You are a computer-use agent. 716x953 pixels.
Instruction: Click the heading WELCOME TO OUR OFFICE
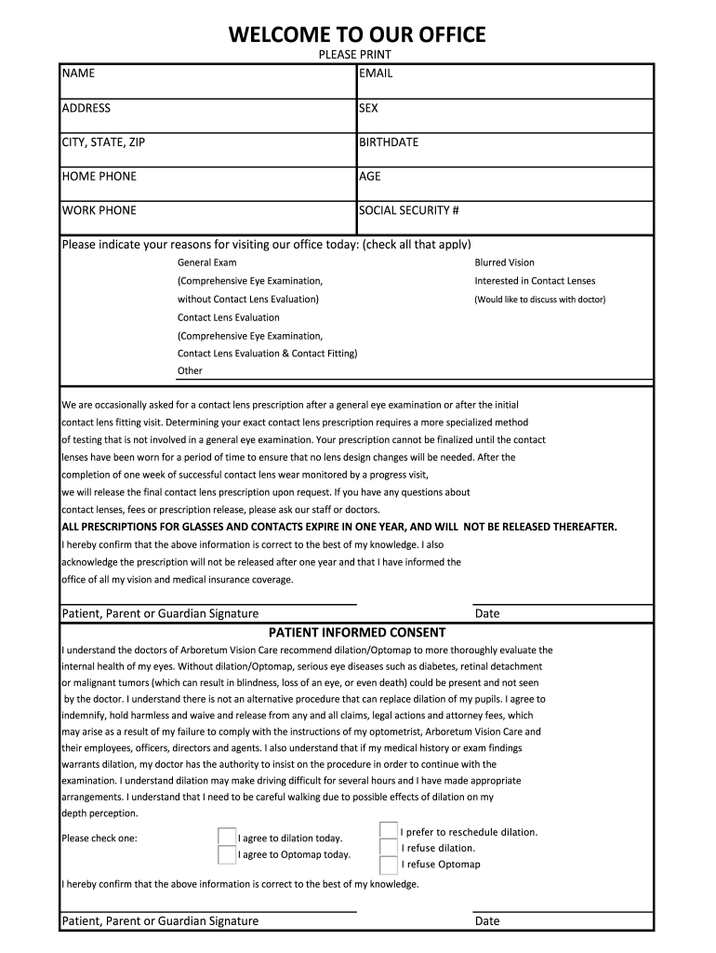pos(358,35)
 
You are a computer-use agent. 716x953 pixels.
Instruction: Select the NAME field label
pos(78,74)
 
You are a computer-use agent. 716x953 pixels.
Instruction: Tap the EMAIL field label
pos(376,74)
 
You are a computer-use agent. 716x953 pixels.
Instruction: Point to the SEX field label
pos(368,108)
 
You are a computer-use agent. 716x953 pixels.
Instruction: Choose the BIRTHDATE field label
pos(389,142)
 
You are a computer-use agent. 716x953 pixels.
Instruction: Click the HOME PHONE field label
pos(99,177)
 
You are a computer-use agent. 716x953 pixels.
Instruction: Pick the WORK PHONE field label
pos(99,210)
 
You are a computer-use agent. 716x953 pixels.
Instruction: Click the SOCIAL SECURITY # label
pos(409,210)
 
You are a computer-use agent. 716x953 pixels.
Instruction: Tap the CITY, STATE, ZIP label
pos(103,142)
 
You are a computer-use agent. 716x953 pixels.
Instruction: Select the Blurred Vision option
pos(504,262)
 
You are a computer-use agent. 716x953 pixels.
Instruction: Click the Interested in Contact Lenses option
pos(535,281)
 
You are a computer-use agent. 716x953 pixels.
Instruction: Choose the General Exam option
pos(207,262)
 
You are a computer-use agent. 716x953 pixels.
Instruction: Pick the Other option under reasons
pos(190,370)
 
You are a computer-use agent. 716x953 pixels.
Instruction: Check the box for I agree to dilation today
pos(226,837)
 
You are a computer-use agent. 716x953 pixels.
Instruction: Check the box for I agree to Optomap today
pos(226,854)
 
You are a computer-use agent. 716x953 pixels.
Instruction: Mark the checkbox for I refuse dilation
pos(389,848)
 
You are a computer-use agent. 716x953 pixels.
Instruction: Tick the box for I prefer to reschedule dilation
pos(389,831)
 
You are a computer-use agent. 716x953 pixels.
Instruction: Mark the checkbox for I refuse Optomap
pos(389,865)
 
